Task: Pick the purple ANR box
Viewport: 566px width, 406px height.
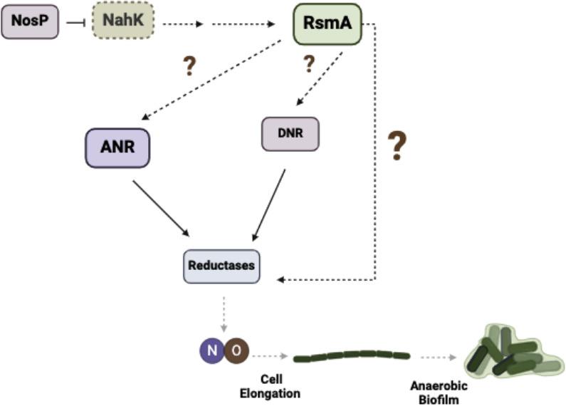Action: [117, 147]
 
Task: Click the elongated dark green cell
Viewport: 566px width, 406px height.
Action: [352, 355]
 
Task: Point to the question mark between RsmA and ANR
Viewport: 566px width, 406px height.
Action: [189, 66]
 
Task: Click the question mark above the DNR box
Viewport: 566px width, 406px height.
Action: [309, 64]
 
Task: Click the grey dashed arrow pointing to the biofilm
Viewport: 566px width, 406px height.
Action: [437, 356]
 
